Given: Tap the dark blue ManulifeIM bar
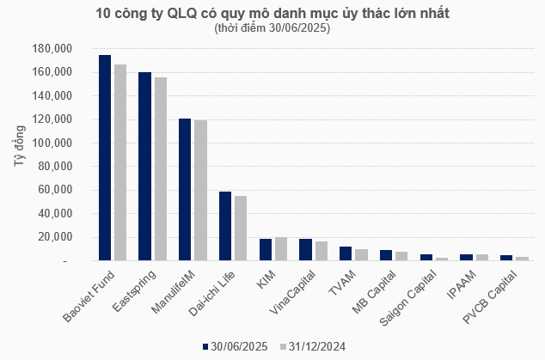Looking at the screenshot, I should (x=185, y=189).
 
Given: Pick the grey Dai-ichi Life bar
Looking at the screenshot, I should (x=241, y=228).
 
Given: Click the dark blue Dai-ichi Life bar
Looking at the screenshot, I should (x=225, y=226).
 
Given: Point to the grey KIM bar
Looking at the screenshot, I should (x=280, y=249).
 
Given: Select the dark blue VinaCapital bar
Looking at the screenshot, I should (x=305, y=250).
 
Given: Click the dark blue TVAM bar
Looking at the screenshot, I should (x=346, y=253).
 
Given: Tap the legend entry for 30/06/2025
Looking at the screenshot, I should (x=236, y=346).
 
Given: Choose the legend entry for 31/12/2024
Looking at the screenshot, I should (x=313, y=346).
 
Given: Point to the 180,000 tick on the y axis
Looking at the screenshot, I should (x=52, y=48).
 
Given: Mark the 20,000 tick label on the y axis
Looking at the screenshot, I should (x=54, y=237).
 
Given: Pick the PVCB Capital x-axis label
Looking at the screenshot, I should (x=491, y=296).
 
